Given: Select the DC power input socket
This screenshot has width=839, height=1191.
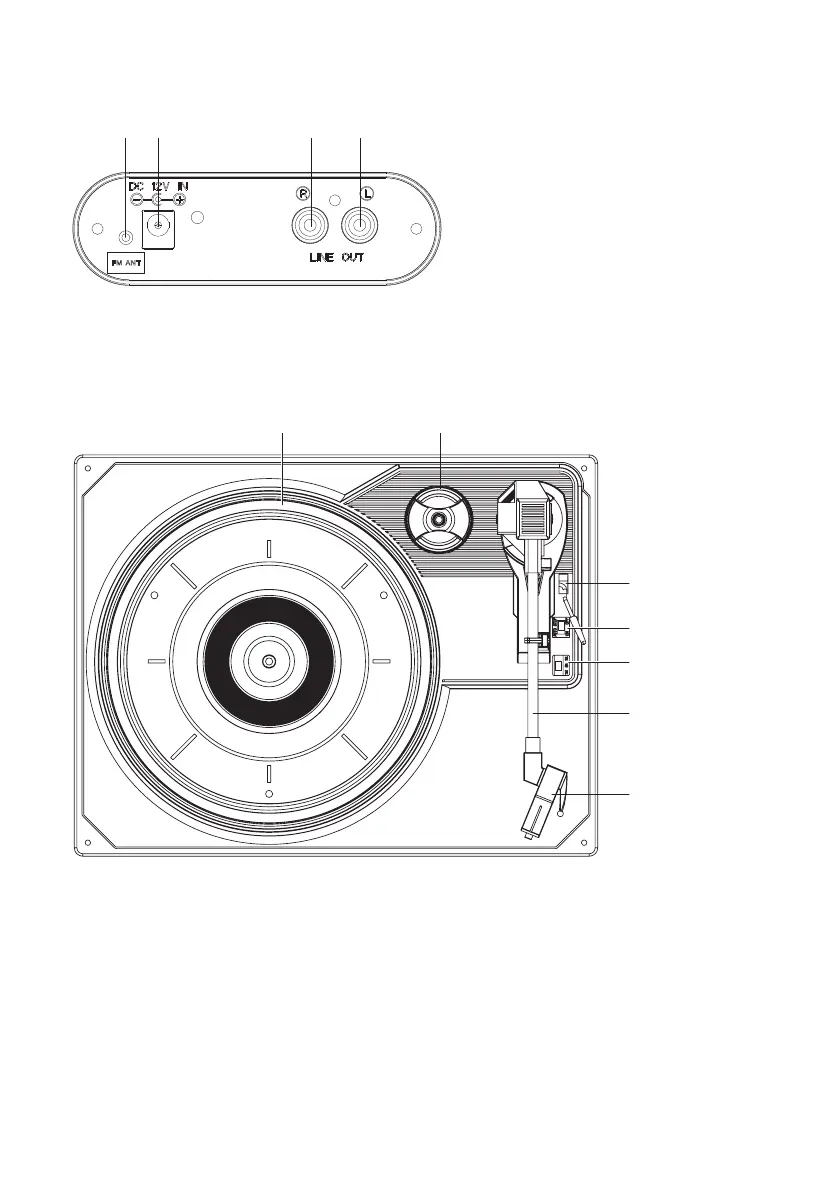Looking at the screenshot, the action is point(159,229).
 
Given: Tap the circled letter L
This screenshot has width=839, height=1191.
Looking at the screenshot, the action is point(368,194).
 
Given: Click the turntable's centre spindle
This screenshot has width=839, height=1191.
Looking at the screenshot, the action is point(268,661).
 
